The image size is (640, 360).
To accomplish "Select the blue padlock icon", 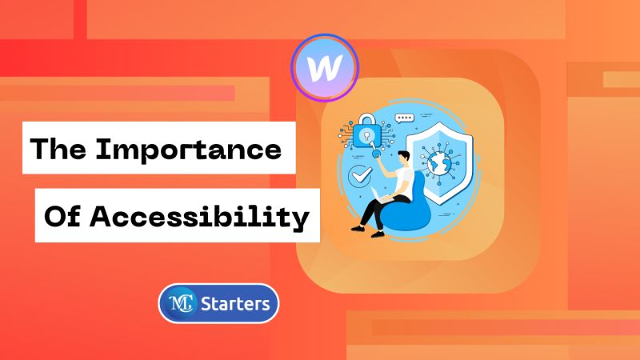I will (x=367, y=133).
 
